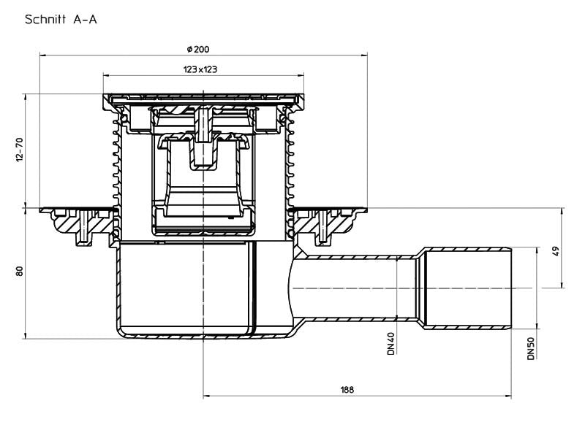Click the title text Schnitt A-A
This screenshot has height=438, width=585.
pyautogui.click(x=61, y=20)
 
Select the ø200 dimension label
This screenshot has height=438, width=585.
pyautogui.click(x=198, y=49)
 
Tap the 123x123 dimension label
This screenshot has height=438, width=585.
pyautogui.click(x=200, y=69)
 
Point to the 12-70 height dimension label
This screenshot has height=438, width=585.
pyautogui.click(x=20, y=150)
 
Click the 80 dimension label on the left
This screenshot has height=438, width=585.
pyautogui.click(x=20, y=271)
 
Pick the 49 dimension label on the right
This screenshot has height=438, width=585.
pyautogui.click(x=556, y=251)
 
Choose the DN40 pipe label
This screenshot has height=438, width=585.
pyautogui.click(x=390, y=343)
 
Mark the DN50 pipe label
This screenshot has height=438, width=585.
pyautogui.click(x=531, y=348)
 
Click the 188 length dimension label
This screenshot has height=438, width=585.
pyautogui.click(x=347, y=390)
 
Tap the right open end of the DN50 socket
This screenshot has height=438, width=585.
pyautogui.click(x=511, y=288)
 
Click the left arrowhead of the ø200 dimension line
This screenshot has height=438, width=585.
pyautogui.click(x=42, y=55)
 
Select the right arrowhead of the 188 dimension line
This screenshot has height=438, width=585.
pyautogui.click(x=507, y=396)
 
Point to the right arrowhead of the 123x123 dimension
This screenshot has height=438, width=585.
pyautogui.click(x=301, y=76)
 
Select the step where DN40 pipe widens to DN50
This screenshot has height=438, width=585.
pyautogui.click(x=420, y=288)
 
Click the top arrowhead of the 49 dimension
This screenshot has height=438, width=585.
pyautogui.click(x=562, y=211)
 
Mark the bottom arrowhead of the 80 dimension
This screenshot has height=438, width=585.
pyautogui.click(x=26, y=335)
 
